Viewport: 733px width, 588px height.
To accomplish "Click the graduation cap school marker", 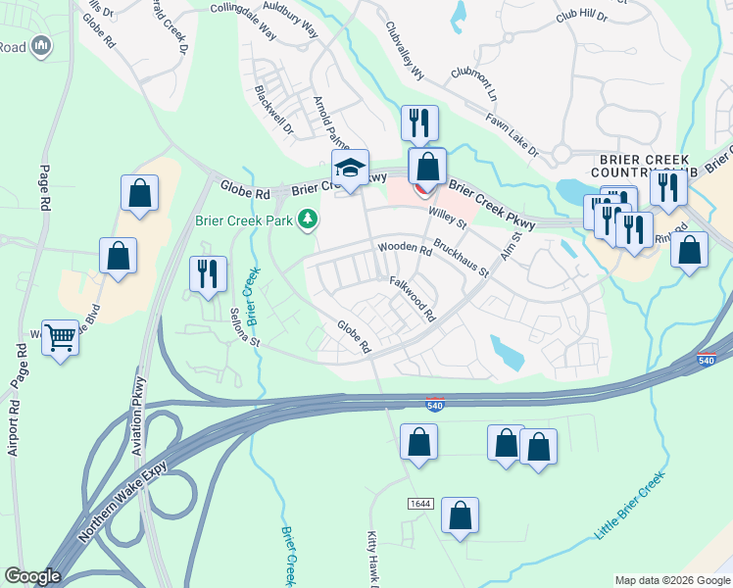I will pos(350,169).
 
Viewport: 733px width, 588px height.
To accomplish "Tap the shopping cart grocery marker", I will pos(61,338).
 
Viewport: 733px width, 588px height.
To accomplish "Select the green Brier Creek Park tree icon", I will pos(309,219).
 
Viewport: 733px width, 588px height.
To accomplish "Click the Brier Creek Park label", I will pos(246,220).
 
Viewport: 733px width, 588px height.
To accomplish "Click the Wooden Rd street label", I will pos(405,249).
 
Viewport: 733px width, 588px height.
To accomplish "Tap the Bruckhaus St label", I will pos(461,258).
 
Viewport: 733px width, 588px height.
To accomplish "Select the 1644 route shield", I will pos(421,503).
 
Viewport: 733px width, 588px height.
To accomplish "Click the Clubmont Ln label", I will pos(474,87).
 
